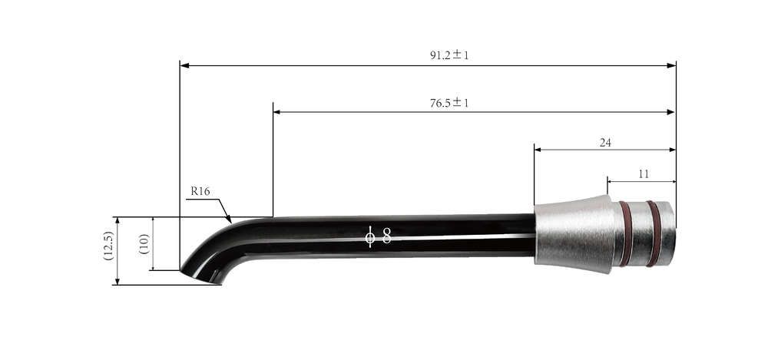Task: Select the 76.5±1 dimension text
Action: tap(449, 103)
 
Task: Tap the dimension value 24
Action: tap(604, 142)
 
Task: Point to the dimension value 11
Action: tap(643, 174)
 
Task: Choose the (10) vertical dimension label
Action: tap(144, 243)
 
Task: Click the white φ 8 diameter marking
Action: tap(378, 236)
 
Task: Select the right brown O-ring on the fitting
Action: tap(652, 233)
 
